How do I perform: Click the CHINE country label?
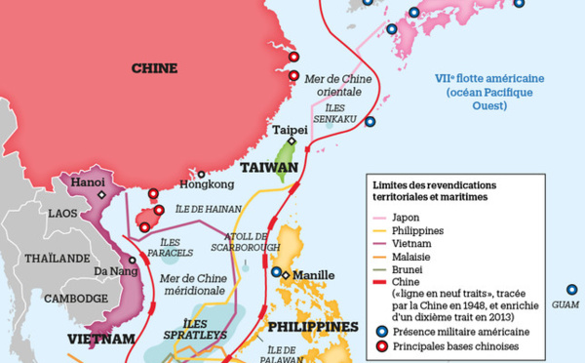[154, 68]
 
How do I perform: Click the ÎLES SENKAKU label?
[333, 114]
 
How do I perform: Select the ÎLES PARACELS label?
[156, 248]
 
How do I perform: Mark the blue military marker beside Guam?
[571, 289]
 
